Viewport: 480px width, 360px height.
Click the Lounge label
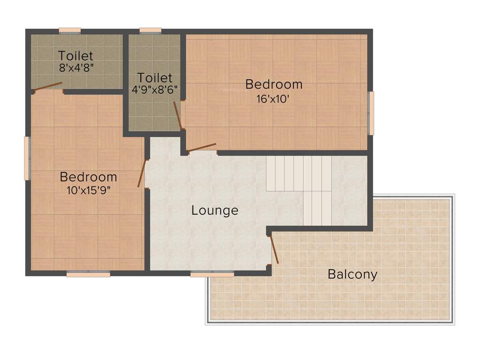point(215,210)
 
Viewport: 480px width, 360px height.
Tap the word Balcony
point(352,274)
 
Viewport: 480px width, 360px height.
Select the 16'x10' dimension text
point(274,99)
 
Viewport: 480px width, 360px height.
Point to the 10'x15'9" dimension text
point(89,190)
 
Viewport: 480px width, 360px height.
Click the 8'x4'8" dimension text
point(76,67)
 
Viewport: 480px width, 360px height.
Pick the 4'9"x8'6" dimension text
point(155,90)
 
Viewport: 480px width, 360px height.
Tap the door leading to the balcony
point(273,250)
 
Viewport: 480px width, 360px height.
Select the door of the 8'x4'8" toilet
point(48,87)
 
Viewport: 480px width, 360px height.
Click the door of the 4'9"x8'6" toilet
point(177,115)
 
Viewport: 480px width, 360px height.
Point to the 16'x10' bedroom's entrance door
point(202,147)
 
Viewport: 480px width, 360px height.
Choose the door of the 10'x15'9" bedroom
point(142,173)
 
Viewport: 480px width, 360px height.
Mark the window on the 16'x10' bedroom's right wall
point(371,113)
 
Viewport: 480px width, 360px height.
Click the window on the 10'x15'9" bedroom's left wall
point(27,158)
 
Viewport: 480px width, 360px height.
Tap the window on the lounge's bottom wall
point(212,274)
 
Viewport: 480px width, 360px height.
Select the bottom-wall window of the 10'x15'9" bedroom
point(88,274)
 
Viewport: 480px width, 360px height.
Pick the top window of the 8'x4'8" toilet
point(70,31)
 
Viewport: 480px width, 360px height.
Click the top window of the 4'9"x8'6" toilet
point(150,31)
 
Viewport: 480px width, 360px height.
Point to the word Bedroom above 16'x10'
point(274,85)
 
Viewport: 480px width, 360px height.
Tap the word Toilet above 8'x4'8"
point(76,56)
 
